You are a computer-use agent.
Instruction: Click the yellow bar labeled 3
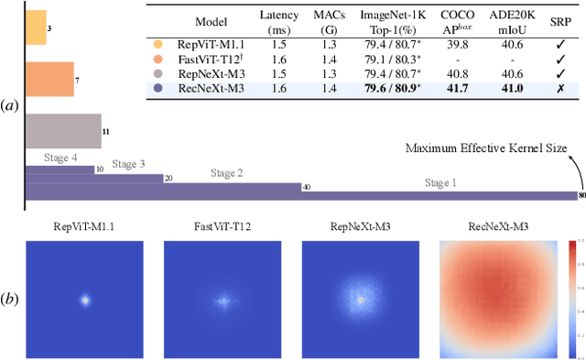tap(35, 28)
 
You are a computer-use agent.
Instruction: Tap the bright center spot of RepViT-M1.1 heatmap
tap(85, 299)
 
